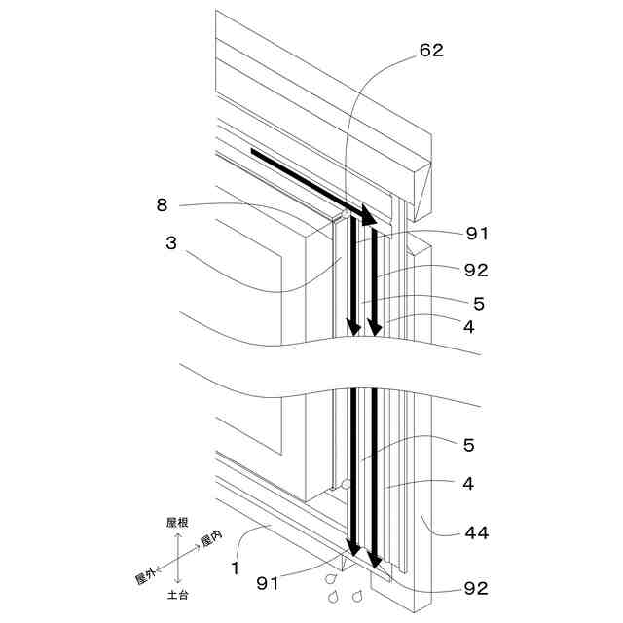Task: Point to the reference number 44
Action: pyautogui.click(x=477, y=532)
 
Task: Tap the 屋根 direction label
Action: pyautogui.click(x=177, y=523)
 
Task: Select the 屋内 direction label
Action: pyautogui.click(x=211, y=539)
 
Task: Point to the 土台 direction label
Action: pyautogui.click(x=177, y=594)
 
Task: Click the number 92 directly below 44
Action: pyautogui.click(x=476, y=588)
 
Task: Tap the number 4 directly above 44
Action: pyautogui.click(x=469, y=483)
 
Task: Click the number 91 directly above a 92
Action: pyautogui.click(x=476, y=234)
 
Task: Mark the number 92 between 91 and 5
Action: pyautogui.click(x=476, y=270)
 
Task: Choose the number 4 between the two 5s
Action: pyautogui.click(x=469, y=327)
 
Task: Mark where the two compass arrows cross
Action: pyautogui.click(x=177, y=559)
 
